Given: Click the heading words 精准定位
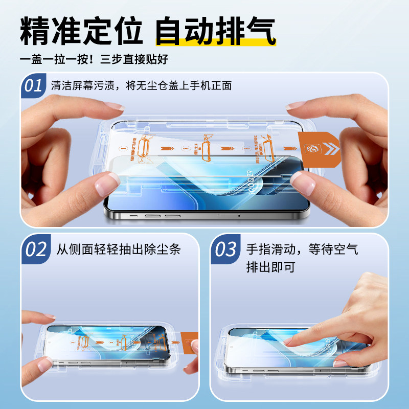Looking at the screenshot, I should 81,32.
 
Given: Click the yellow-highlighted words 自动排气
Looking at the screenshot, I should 215,32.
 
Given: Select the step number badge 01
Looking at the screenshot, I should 34,85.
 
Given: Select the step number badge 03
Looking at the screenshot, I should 226,249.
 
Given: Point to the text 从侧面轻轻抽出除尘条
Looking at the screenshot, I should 119,249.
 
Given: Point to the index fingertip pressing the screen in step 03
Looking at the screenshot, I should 291,341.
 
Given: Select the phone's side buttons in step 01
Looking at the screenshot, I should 153,216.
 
